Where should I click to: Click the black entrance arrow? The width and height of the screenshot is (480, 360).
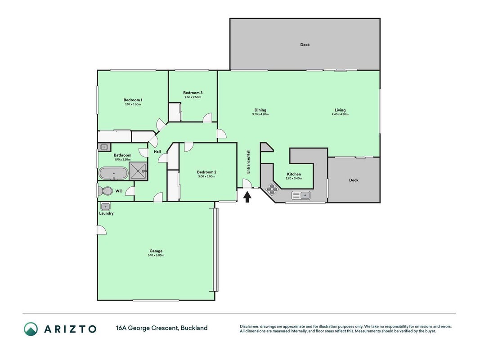[x=247, y=197]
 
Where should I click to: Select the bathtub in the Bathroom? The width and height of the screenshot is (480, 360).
[x=113, y=173]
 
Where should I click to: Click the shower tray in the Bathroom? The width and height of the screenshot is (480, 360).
[x=138, y=171]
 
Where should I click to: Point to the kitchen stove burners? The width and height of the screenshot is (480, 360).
[x=272, y=189]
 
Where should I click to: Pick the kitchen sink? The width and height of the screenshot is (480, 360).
[x=301, y=195]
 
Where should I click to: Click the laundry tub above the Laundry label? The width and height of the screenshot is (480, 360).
[x=105, y=207]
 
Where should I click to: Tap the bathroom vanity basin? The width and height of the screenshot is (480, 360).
[x=104, y=147]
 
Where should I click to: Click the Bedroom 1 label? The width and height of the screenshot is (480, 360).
[x=133, y=100]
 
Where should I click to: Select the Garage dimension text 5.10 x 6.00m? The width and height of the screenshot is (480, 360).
[x=156, y=255]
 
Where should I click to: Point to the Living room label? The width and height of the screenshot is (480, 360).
[x=340, y=110]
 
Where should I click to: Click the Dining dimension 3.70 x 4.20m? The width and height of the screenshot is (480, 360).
[x=260, y=114]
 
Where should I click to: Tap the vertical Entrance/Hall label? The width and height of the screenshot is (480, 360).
[x=248, y=162]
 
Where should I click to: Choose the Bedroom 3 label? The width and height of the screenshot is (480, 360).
[x=193, y=93]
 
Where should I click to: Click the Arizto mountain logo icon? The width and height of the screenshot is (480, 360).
[x=31, y=329]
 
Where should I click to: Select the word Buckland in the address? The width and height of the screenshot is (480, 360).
[x=194, y=328]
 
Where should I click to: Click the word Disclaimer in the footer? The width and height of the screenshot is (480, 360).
[x=249, y=326]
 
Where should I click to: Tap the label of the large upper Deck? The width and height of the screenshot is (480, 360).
[x=305, y=45]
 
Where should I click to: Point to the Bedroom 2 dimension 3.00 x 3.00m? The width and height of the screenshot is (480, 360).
[x=206, y=176]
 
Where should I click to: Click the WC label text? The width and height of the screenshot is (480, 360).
[x=119, y=191]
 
